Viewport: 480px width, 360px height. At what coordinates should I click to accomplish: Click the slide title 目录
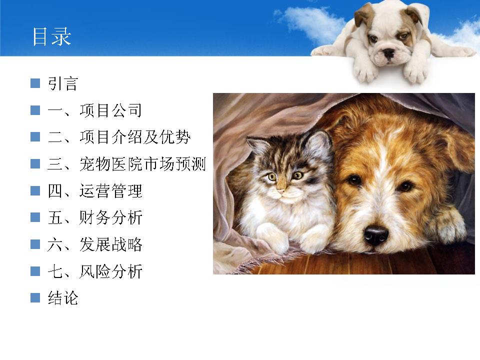(51, 36)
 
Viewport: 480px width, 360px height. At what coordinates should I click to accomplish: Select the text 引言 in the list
(63, 83)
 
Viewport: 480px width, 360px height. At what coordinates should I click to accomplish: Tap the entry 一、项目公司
(94, 110)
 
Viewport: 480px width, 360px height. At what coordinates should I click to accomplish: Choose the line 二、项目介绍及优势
(119, 137)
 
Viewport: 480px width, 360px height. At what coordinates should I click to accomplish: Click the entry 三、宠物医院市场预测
(126, 164)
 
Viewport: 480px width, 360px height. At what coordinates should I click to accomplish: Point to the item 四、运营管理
(95, 190)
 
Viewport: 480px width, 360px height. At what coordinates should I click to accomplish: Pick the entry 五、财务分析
(95, 217)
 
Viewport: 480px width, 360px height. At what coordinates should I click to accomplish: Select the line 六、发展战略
(95, 244)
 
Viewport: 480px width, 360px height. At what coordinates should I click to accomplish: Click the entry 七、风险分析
(95, 271)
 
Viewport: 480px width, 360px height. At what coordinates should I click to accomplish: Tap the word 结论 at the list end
(63, 298)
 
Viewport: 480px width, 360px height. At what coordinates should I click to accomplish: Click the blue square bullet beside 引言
(35, 83)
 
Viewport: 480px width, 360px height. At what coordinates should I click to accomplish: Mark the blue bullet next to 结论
(35, 298)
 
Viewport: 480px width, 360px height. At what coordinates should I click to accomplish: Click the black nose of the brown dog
(375, 235)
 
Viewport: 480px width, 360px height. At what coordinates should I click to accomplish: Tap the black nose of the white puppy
(389, 53)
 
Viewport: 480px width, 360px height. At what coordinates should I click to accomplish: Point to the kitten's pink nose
(280, 192)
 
